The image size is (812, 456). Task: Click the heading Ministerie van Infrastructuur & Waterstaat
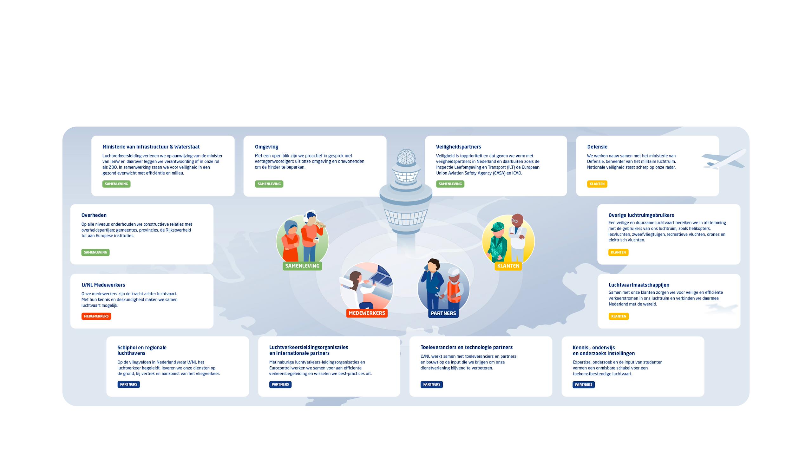click(151, 147)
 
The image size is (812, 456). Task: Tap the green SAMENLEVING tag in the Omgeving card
click(269, 184)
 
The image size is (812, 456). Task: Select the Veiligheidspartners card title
click(458, 147)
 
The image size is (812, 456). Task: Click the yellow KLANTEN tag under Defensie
click(597, 184)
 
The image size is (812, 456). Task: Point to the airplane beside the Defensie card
click(724, 159)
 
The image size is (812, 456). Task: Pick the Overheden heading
click(94, 215)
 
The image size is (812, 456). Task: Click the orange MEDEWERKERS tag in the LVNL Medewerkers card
click(96, 316)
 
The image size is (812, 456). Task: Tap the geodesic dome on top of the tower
click(406, 157)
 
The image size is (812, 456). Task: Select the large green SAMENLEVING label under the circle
click(302, 266)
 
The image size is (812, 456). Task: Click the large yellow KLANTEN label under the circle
click(508, 266)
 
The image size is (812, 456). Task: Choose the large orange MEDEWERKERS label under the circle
click(367, 313)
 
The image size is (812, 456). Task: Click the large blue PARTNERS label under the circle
click(443, 313)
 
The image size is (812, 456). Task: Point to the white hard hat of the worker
click(454, 272)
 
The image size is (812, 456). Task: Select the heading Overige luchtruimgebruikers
click(641, 215)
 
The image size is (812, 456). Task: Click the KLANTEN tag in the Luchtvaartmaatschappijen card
click(619, 316)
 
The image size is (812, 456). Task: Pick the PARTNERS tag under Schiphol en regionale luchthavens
click(128, 384)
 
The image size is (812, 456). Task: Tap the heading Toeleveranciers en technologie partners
click(466, 347)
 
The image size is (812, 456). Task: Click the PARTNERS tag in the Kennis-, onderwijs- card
click(584, 385)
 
